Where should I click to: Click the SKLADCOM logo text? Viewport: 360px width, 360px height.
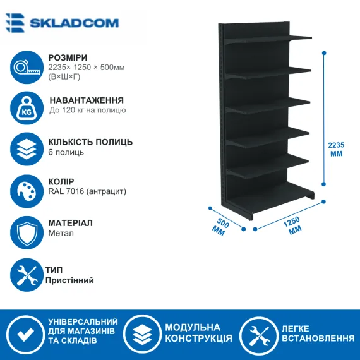pyautogui.click(x=74, y=23)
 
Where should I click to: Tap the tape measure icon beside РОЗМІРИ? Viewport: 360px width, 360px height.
pyautogui.click(x=27, y=68)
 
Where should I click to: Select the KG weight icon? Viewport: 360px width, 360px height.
pyautogui.click(x=27, y=108)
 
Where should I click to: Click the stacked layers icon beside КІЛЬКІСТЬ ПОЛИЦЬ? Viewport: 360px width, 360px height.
pyautogui.click(x=27, y=149)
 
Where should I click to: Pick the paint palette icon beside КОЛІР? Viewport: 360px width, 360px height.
pyautogui.click(x=27, y=191)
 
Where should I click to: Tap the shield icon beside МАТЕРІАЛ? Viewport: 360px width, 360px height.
pyautogui.click(x=27, y=232)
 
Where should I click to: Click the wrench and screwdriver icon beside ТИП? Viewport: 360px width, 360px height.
pyautogui.click(x=27, y=275)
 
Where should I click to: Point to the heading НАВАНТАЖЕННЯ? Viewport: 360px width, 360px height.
pyautogui.click(x=87, y=100)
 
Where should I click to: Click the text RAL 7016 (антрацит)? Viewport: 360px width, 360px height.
pyautogui.click(x=87, y=191)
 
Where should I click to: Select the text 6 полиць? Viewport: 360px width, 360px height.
pyautogui.click(x=66, y=152)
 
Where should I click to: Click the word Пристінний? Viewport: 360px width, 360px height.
pyautogui.click(x=69, y=280)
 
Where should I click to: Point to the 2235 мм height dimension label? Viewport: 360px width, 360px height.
pyautogui.click(x=336, y=149)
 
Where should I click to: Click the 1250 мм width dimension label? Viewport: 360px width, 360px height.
pyautogui.click(x=293, y=225)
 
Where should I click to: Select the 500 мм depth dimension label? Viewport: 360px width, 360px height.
pyautogui.click(x=220, y=227)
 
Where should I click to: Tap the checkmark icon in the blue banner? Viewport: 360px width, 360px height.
pyautogui.click(x=26, y=335)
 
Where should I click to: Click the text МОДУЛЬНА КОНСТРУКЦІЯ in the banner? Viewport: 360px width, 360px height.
pyautogui.click(x=198, y=333)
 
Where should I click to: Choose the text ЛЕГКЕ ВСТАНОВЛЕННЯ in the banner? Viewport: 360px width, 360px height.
pyautogui.click(x=318, y=333)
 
